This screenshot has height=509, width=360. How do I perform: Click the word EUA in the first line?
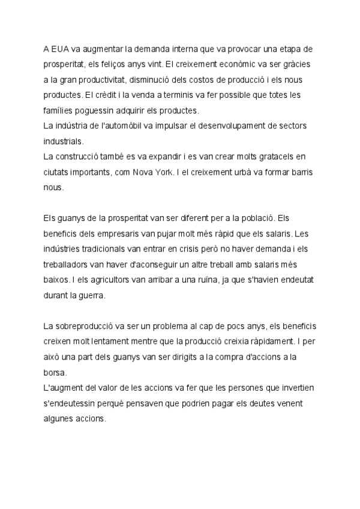(61, 47)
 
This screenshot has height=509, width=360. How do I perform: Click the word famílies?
(61, 110)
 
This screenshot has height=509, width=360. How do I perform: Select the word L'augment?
(66, 388)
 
